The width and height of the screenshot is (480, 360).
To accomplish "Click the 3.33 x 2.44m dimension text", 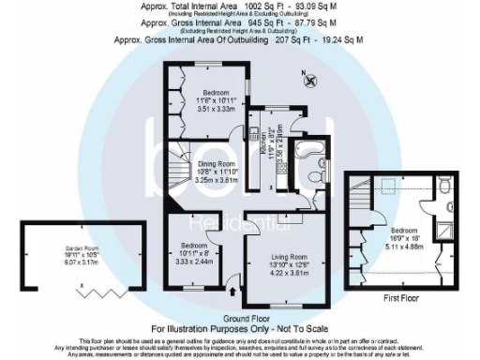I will pos(195,262).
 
